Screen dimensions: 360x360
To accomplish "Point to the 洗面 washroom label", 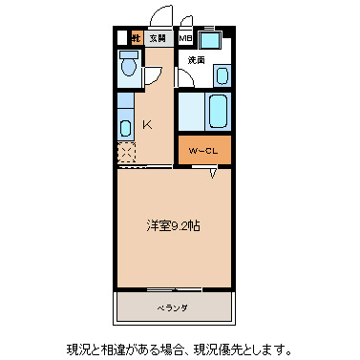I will [196, 60].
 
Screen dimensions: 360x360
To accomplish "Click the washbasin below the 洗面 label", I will [222, 74].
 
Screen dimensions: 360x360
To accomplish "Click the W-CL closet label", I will [203, 150].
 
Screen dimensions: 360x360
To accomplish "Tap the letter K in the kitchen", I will [147, 124].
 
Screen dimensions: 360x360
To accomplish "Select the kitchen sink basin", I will [126, 126].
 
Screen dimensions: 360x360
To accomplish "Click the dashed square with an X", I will [126, 152].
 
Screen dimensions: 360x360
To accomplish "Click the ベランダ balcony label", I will [173, 307].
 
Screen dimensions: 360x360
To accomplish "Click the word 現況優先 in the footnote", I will [235, 349].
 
